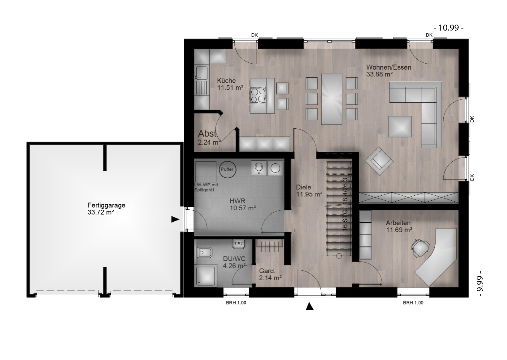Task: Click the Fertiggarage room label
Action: [x=106, y=209]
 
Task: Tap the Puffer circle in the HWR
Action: [x=227, y=169]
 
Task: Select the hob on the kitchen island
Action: [x=258, y=95]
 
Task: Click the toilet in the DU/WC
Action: [x=205, y=253]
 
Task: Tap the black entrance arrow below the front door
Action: [x=310, y=306]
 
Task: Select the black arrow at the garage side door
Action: [x=175, y=220]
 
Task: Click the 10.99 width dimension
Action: [x=448, y=28]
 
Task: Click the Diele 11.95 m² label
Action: [x=309, y=191]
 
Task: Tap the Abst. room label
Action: [x=209, y=137]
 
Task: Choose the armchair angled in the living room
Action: [x=379, y=161]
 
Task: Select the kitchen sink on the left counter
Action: [x=202, y=73]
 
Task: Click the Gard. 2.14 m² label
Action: [x=270, y=274]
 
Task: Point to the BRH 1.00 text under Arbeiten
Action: [x=413, y=303]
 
